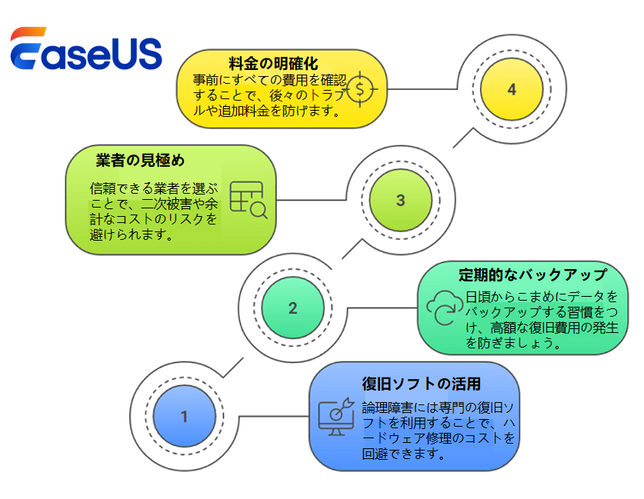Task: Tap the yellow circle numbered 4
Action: pos(512,90)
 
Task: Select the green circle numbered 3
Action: pos(400,201)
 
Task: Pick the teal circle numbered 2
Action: pos(292,308)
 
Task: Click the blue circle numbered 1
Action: pos(184,417)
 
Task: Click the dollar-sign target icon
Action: pos(362,89)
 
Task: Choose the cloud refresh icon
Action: pos(442,308)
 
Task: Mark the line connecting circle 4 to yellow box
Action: pos(423,90)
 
